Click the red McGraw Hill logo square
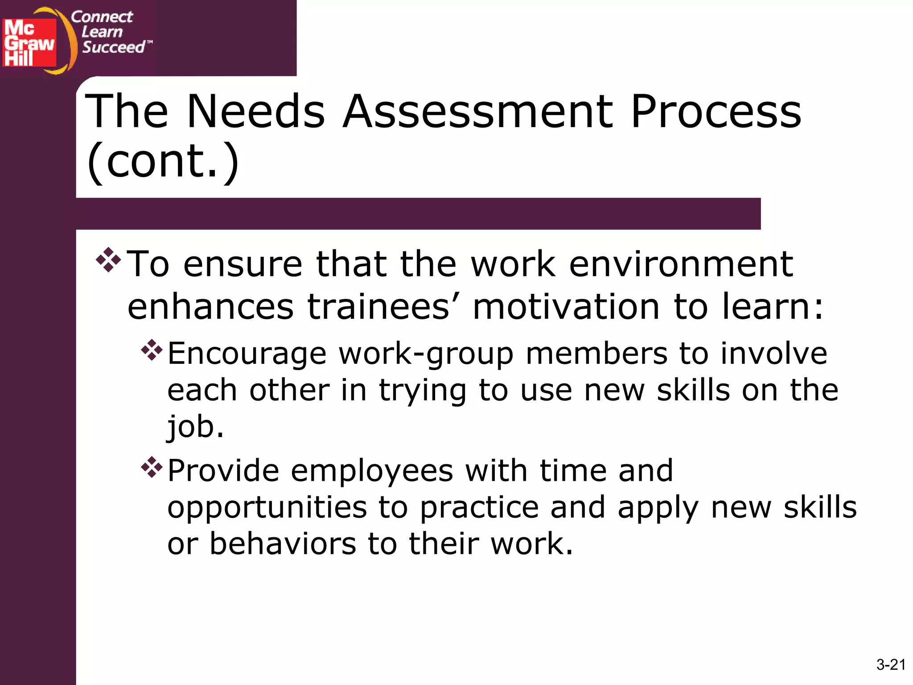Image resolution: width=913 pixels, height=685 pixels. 29,42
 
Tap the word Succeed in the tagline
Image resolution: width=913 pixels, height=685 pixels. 114,47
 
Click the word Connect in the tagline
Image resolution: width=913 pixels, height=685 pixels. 102,17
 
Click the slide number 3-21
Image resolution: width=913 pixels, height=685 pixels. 891,664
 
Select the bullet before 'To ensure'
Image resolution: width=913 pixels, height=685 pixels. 108,260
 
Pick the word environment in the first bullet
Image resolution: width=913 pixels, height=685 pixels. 681,264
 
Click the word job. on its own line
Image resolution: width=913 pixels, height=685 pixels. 195,427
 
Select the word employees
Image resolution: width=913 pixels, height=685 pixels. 372,471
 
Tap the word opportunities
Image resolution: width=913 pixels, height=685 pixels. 267,508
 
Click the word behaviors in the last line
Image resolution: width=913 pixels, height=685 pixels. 283,544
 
